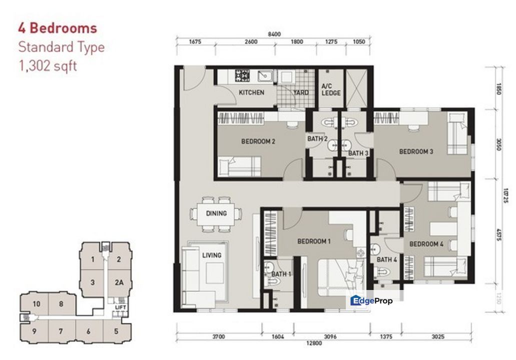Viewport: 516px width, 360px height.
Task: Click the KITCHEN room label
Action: (x=251, y=92)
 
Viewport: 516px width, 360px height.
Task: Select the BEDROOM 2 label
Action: (x=258, y=141)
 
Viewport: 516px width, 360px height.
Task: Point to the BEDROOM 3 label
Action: (x=416, y=151)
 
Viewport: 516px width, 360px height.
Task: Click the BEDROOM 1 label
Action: (x=314, y=241)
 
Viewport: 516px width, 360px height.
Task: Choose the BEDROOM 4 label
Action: (x=426, y=244)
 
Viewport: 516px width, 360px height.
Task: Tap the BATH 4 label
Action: (x=387, y=259)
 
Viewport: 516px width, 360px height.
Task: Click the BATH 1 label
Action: (x=281, y=274)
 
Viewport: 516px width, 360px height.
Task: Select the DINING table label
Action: (x=216, y=213)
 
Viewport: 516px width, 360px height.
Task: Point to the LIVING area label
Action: (x=212, y=255)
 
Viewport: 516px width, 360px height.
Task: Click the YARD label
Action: (x=301, y=92)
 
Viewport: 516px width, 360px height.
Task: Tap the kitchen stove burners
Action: (x=243, y=75)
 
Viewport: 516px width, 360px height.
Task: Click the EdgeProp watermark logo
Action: (x=371, y=300)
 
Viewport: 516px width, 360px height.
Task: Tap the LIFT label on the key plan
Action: (x=119, y=307)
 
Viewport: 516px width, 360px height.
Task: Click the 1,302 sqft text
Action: (x=48, y=65)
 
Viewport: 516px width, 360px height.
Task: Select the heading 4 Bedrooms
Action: (x=58, y=28)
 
